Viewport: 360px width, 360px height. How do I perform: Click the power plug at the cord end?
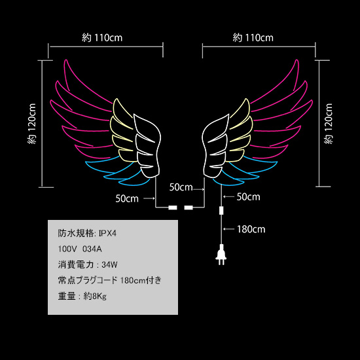(x=221, y=255)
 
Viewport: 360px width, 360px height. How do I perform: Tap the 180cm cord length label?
(x=251, y=229)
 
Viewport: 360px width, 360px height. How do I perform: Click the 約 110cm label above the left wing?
(x=102, y=38)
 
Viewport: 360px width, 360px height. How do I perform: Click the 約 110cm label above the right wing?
(x=253, y=38)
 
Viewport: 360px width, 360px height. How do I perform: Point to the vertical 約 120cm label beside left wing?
(x=31, y=124)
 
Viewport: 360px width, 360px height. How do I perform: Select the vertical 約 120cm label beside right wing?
(x=329, y=124)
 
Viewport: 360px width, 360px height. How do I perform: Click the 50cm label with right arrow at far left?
(x=127, y=198)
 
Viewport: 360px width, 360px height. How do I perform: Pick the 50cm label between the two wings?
(x=181, y=187)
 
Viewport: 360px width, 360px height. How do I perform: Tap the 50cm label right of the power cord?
(x=249, y=197)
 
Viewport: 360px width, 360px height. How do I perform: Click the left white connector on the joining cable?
(x=173, y=207)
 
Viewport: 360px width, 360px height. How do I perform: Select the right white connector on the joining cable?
(x=189, y=207)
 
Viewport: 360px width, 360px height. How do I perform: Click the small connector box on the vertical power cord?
(x=221, y=211)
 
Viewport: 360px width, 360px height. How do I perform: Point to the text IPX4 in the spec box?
(x=107, y=234)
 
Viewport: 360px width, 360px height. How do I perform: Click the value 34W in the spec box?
(x=109, y=264)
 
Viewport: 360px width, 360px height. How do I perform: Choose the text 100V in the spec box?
(x=66, y=249)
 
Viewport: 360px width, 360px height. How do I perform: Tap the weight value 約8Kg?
(x=95, y=296)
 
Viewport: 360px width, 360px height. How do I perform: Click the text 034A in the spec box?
(x=92, y=249)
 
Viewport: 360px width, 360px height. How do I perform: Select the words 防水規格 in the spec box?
(x=75, y=234)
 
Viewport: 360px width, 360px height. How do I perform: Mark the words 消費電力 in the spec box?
(x=75, y=264)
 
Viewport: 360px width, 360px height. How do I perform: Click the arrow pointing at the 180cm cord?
(x=228, y=229)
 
